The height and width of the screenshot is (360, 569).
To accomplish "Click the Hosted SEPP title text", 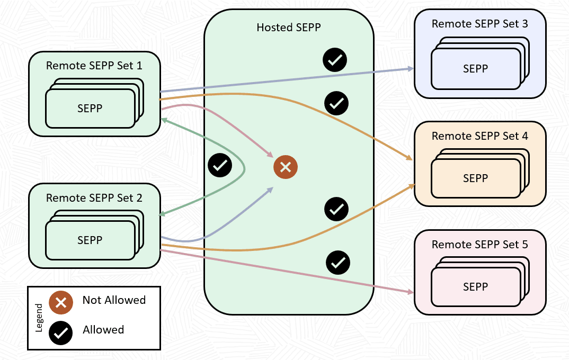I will click(289, 27).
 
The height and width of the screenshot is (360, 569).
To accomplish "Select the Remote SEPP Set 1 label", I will click(94, 66).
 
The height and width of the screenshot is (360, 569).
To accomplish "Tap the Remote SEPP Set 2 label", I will click(94, 198).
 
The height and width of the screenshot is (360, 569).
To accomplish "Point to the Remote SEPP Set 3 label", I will click(480, 24).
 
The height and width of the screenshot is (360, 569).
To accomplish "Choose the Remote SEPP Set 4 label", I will click(480, 136).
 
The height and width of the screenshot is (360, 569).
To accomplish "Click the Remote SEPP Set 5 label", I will click(480, 245).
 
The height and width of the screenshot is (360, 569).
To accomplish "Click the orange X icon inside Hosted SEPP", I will click(286, 167).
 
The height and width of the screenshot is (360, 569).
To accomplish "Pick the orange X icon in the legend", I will click(61, 302).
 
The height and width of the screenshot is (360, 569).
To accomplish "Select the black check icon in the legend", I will click(61, 332).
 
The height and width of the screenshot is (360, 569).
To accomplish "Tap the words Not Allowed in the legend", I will click(114, 300).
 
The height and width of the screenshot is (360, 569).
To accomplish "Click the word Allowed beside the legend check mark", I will click(103, 330).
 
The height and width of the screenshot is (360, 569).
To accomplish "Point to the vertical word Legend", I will click(39, 317).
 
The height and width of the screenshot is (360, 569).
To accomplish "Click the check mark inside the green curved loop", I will click(220, 166).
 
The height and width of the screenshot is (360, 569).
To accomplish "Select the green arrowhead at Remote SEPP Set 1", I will click(164, 120).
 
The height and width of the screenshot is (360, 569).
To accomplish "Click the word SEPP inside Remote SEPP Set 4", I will click(475, 178).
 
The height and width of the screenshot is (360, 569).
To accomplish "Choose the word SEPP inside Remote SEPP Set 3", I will click(475, 68).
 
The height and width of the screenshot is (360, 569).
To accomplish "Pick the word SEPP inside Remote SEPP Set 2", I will click(90, 240).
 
